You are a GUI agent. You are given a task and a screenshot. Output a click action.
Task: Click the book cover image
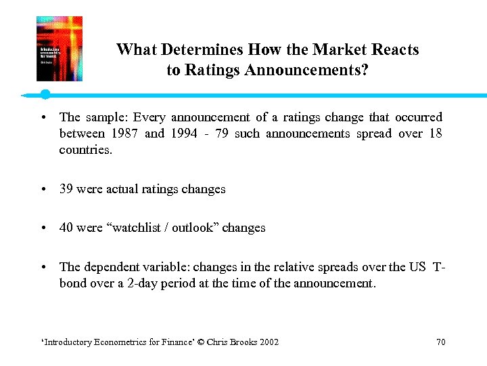(59, 49)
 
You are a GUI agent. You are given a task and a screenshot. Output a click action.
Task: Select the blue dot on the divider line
(45, 94)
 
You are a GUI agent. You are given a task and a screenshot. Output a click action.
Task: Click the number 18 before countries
(435, 134)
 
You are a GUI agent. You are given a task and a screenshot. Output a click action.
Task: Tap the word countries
(85, 149)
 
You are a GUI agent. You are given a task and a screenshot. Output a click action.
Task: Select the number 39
(66, 189)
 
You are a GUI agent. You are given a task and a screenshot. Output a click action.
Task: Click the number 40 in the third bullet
(66, 228)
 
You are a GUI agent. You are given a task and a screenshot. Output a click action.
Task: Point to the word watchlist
(133, 228)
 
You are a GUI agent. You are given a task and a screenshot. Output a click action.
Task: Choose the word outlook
(193, 228)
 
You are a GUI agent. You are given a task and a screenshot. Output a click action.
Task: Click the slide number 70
(440, 342)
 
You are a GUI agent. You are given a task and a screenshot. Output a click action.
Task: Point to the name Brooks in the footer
(243, 342)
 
